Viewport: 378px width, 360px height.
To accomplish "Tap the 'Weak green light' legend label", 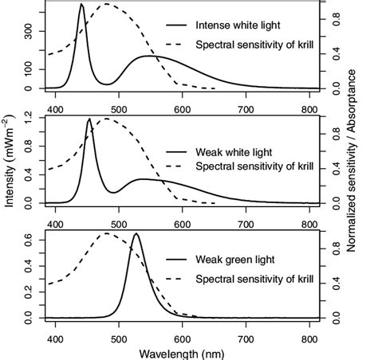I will coord(235,260).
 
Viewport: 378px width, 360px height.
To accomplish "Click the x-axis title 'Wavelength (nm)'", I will coord(183,351).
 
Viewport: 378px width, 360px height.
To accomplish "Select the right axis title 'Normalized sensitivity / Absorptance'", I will coord(351,168).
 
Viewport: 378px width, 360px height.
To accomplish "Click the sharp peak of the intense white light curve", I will coord(81,5).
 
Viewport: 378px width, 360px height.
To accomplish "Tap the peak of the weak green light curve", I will coord(136,234).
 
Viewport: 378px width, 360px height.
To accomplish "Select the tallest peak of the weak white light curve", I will coord(89,119).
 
